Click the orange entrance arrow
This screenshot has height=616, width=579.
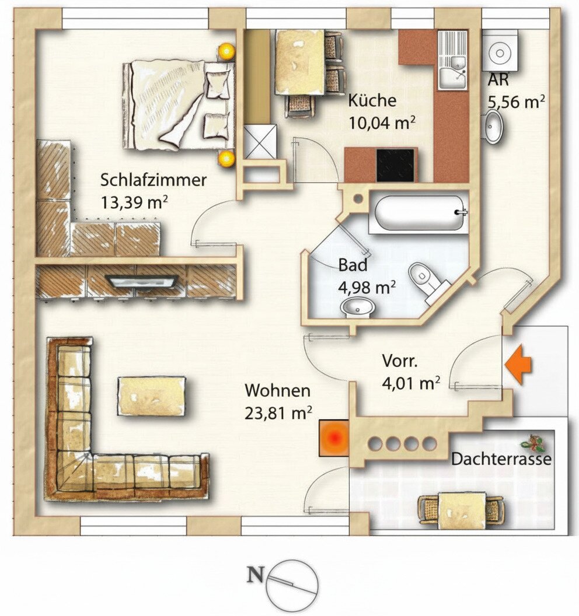coord(518,364)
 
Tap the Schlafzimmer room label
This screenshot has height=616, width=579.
coord(154,180)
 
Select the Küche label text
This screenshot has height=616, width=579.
coord(372,100)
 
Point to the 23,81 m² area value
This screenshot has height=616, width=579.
coord(278,413)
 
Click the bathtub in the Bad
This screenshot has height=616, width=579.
coord(420,213)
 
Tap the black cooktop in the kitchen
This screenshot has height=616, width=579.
coord(395,165)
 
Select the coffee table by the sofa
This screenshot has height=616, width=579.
coord(151,395)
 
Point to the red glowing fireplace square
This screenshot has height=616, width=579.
coord(334,438)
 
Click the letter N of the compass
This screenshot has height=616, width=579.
coord(255,575)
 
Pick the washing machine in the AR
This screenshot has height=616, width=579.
coord(500,51)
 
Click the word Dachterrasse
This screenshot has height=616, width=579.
coord(501,459)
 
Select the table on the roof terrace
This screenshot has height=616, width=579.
coord(461,510)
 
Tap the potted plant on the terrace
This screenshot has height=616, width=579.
coord(533,443)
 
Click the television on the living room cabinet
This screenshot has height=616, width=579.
coord(141,281)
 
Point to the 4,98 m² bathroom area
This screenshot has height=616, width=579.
coord(367,287)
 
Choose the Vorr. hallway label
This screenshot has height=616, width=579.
coord(400,361)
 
